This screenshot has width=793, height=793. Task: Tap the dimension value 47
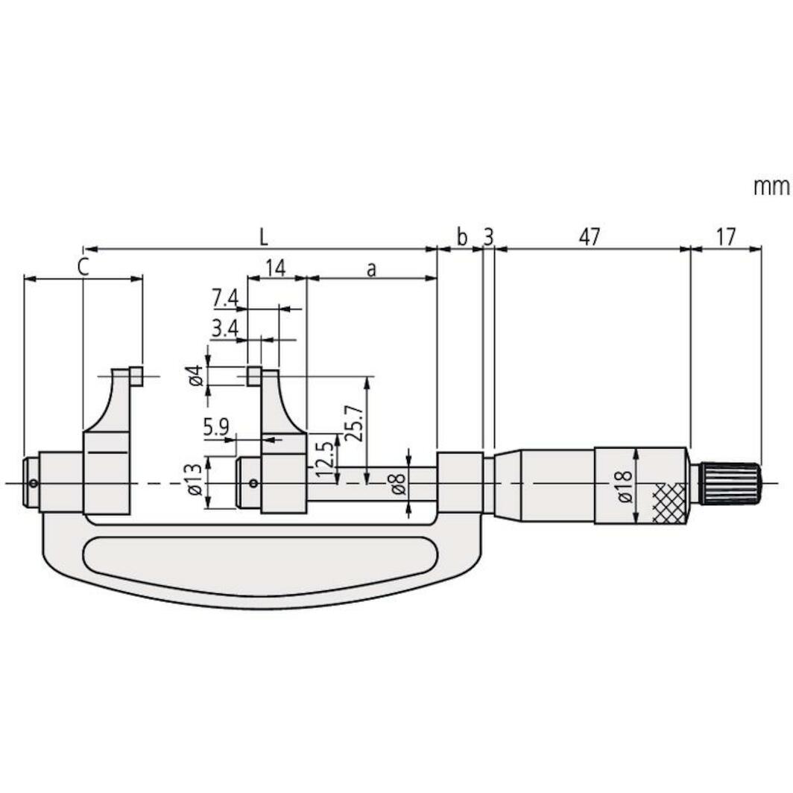[x=589, y=238]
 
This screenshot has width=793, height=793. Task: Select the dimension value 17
[x=725, y=238]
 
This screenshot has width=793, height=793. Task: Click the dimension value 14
[x=276, y=268]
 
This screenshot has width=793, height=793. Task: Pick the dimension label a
[x=370, y=269]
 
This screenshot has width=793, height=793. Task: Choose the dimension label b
[x=461, y=238]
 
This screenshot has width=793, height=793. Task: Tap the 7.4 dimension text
[x=224, y=298]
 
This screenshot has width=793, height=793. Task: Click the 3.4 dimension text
[x=224, y=329]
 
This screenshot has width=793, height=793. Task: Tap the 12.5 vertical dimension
[x=324, y=458]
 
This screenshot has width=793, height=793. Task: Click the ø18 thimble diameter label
[x=624, y=486]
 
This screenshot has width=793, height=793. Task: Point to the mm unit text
[x=770, y=187]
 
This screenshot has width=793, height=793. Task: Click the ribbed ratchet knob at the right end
[x=730, y=483]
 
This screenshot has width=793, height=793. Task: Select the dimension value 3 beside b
[x=488, y=238]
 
